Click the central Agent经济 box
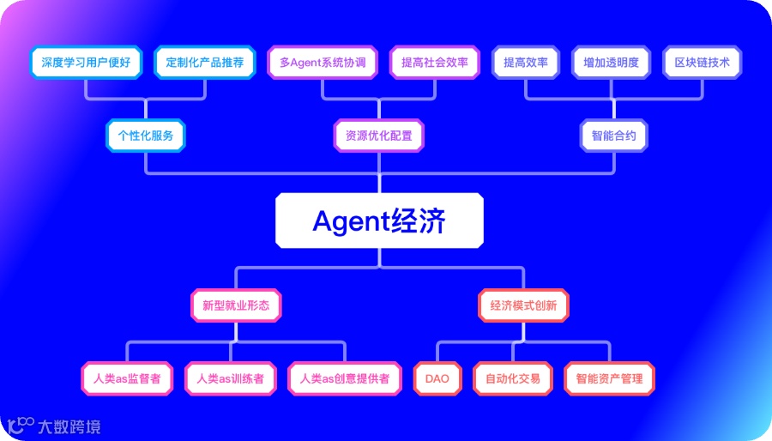click(379, 221)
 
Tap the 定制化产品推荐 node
click(205, 63)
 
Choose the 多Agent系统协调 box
click(323, 63)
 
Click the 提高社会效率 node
click(434, 63)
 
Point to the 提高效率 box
click(526, 63)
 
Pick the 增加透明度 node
click(612, 63)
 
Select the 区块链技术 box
click(703, 63)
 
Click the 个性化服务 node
click(145, 136)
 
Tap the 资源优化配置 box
click(378, 136)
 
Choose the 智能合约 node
click(614, 136)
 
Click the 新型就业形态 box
click(236, 305)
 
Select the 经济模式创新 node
click(523, 305)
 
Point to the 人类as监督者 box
click(128, 378)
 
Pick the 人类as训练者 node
click(231, 378)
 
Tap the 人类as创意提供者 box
click(345, 378)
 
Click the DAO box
click(437, 378)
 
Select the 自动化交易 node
click(513, 378)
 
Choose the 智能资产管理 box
click(609, 378)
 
